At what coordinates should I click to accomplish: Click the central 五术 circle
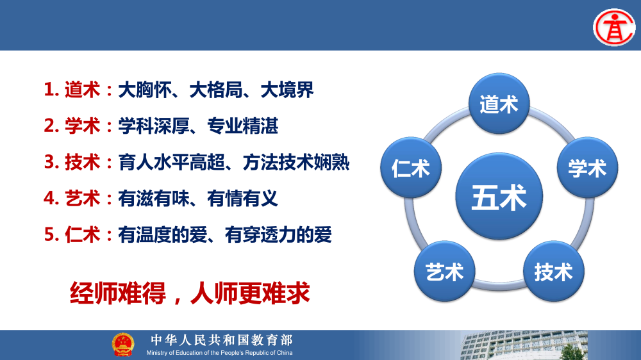(499, 197)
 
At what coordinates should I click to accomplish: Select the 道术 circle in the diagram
(499, 104)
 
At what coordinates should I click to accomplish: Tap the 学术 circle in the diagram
(587, 168)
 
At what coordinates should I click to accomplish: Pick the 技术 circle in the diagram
(553, 272)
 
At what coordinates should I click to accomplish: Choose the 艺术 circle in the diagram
(444, 272)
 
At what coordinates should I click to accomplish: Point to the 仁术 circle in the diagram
(411, 168)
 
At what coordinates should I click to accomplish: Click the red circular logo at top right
(613, 26)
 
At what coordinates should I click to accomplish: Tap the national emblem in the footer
(123, 345)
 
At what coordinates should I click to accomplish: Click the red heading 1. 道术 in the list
(72, 90)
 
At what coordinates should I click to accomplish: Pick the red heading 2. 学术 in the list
(72, 126)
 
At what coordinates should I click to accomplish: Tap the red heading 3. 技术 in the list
(72, 163)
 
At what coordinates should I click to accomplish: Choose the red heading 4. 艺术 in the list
(72, 199)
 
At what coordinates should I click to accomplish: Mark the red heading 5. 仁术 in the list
(72, 235)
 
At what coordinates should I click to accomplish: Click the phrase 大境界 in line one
(287, 90)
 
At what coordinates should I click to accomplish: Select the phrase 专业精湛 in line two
(243, 126)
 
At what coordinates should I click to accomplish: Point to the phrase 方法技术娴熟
(296, 163)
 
